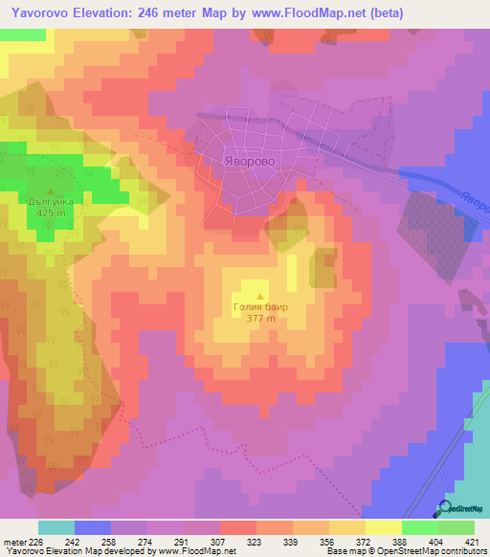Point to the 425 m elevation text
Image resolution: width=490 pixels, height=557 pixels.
click(50, 213)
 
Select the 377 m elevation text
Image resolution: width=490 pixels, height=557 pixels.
click(260, 321)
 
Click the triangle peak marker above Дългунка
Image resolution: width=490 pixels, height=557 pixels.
click(51, 189)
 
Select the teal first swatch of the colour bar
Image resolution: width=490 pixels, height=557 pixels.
click(56, 527)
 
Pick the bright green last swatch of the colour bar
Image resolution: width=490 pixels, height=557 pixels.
click(457, 527)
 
